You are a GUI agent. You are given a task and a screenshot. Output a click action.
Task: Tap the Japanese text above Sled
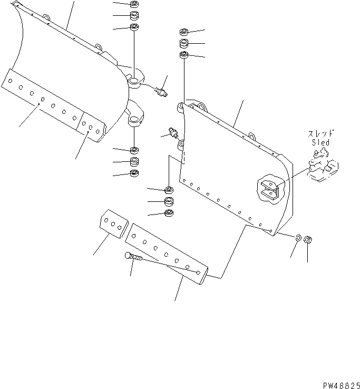[320, 133]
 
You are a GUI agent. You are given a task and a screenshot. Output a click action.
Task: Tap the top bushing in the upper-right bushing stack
[184, 32]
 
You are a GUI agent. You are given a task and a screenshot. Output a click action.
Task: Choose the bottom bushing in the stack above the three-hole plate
[169, 212]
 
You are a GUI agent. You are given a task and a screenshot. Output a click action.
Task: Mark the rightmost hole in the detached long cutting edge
[198, 273]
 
